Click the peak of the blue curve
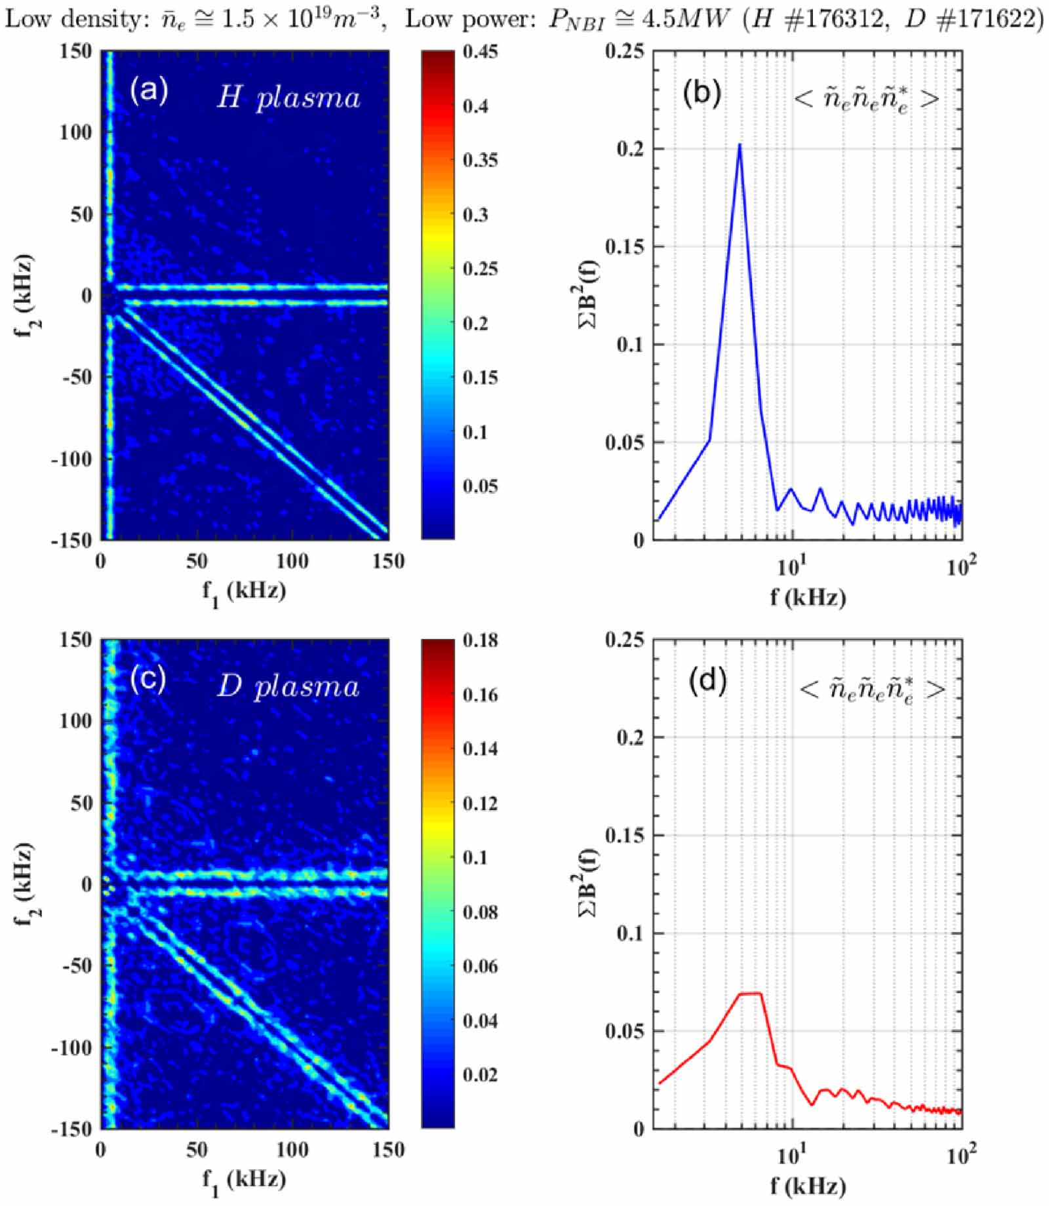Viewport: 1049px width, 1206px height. coord(740,146)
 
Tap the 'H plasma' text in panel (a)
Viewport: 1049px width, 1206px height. coord(288,98)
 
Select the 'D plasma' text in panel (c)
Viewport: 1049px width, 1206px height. coord(288,686)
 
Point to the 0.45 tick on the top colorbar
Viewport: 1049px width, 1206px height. coord(480,52)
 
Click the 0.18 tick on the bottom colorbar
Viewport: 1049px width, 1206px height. coord(480,640)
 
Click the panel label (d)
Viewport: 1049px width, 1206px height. coord(707,681)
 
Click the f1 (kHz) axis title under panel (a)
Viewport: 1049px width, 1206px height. coord(244,593)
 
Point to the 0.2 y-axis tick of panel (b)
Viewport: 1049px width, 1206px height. coord(630,149)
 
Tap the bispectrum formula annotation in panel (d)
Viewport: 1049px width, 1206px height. coord(872,689)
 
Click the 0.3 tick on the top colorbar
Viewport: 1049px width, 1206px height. coord(475,214)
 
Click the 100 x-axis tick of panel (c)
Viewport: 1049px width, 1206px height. coord(292,1150)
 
